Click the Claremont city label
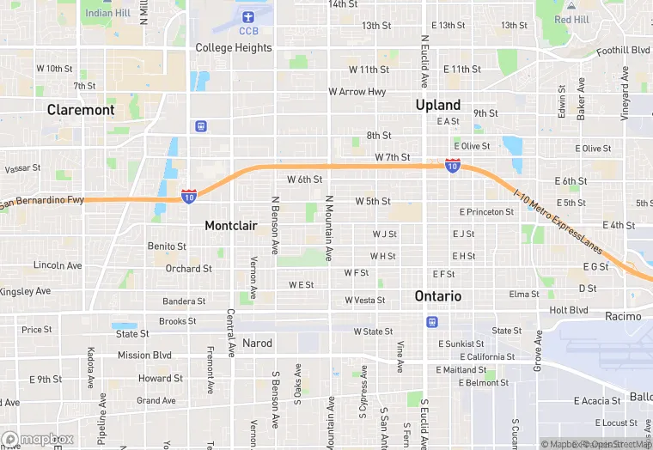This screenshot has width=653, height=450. point(81,110)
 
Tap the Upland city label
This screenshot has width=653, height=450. point(438,105)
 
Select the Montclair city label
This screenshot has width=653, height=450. point(231,225)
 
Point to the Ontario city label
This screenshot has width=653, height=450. point(438,295)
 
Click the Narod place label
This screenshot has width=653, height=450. point(257,344)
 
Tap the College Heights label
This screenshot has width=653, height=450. point(234,48)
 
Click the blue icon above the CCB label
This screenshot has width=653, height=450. point(248,16)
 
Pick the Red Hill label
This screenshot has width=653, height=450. point(571,19)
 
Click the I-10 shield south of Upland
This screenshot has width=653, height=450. point(452,165)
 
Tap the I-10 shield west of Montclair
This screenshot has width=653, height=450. point(188,197)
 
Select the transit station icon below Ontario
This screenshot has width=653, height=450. point(431,321)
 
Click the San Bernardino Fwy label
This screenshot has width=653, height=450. point(41,204)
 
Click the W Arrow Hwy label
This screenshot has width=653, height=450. point(357,92)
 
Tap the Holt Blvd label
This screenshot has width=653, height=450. point(569,310)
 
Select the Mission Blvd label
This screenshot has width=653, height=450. point(145,356)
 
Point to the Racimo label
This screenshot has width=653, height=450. point(623,317)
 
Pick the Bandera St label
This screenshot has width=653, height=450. point(184,301)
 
